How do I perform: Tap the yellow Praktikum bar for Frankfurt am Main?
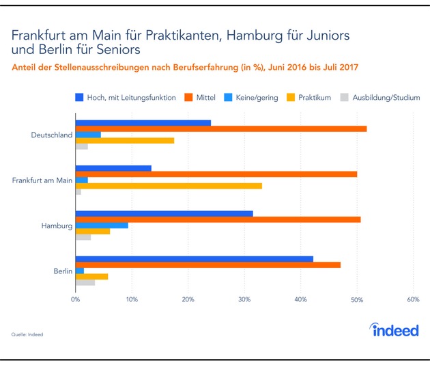tap(168, 185)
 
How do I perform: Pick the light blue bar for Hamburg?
tap(101, 225)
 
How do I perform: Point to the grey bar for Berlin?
tap(85, 282)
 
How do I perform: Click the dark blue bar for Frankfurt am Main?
tap(113, 168)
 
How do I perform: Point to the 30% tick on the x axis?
tap(244, 299)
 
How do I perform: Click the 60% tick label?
tap(412, 299)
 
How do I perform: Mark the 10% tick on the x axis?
tap(131, 299)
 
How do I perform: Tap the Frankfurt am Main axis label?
tap(42, 180)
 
